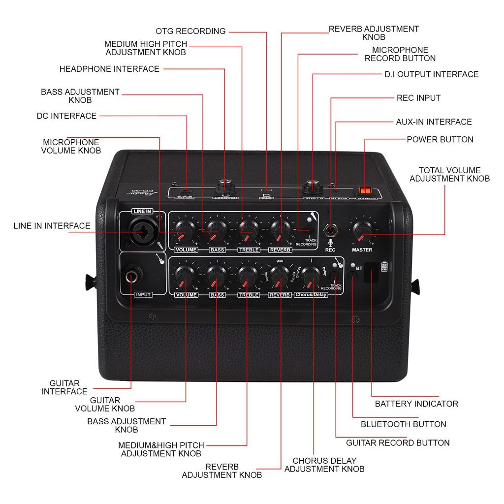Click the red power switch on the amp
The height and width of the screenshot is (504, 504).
pyautogui.click(x=365, y=190)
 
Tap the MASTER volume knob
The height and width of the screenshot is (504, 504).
pyautogui.click(x=362, y=229)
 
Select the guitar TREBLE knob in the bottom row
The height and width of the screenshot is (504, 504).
pyautogui.click(x=247, y=276)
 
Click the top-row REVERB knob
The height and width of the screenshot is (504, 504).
pyautogui.click(x=280, y=229)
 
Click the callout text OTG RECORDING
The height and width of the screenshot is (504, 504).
pyautogui.click(x=190, y=31)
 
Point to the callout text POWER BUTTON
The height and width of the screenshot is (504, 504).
pyautogui.click(x=440, y=139)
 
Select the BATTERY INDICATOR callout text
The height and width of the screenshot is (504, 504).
pyautogui.click(x=416, y=404)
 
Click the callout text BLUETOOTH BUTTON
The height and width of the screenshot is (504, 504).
pyautogui.click(x=403, y=424)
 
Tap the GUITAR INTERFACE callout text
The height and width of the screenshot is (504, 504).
pyautogui.click(x=64, y=387)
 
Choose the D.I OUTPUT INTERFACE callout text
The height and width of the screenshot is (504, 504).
pyautogui.click(x=431, y=74)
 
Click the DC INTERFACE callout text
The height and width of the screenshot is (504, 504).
pyautogui.click(x=66, y=116)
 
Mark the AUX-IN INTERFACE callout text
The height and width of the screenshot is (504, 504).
pyautogui.click(x=434, y=122)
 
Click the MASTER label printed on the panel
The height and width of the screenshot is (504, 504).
pyautogui.click(x=362, y=250)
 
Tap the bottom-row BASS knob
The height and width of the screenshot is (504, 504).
pyautogui.click(x=216, y=276)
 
